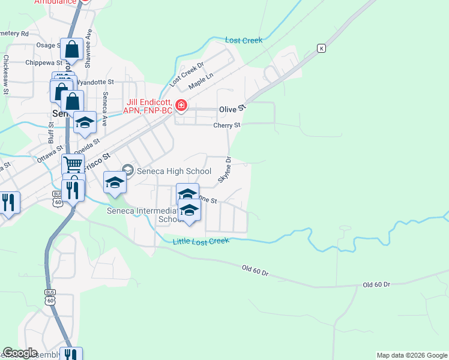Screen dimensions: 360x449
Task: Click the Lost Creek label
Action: [x=244, y=40]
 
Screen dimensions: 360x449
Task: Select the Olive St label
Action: [x=233, y=109]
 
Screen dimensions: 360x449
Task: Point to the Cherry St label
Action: [x=227, y=125]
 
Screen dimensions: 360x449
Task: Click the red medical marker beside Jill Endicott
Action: [x=181, y=106]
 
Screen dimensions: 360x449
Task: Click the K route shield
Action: [x=322, y=48]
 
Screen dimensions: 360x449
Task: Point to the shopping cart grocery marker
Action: [x=73, y=163]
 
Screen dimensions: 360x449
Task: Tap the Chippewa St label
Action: [x=44, y=62]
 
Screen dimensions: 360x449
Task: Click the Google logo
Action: [x=20, y=353]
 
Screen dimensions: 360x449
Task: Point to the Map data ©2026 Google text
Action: [x=411, y=355]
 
